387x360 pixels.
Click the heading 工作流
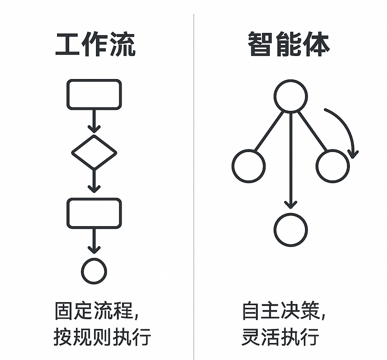[x=95, y=45]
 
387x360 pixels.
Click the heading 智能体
[x=289, y=45]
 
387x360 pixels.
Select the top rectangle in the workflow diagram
[x=94, y=95]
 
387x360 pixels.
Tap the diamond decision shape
[x=94, y=152]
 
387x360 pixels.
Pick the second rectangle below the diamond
[x=94, y=213]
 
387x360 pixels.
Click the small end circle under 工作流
[x=94, y=271]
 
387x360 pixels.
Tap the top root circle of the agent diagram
[x=290, y=95]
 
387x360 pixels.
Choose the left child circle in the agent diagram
[x=248, y=166]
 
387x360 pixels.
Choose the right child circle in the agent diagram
[x=333, y=166]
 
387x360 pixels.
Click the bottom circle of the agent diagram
[x=290, y=230]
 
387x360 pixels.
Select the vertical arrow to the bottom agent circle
[x=290, y=163]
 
